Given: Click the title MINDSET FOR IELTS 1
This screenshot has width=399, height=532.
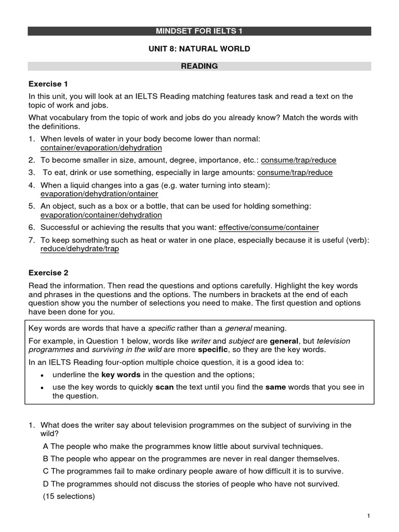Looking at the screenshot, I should [x=199, y=31].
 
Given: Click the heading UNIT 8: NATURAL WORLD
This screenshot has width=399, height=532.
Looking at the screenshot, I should [x=199, y=49].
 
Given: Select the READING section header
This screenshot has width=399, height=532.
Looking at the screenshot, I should [x=199, y=66].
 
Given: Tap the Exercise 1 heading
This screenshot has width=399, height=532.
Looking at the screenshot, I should [x=48, y=84].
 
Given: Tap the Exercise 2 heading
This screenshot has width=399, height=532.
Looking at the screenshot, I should [x=48, y=273].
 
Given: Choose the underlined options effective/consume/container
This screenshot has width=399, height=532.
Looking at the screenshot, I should [x=269, y=227].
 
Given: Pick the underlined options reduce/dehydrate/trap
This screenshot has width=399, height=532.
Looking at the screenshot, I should [x=79, y=249].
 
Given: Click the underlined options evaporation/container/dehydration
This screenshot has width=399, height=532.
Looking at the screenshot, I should [x=101, y=215].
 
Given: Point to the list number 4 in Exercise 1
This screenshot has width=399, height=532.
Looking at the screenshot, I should [x=32, y=185].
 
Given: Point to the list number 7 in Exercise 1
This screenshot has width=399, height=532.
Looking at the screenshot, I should [x=32, y=240].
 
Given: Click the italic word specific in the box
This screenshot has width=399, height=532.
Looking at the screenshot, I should [x=162, y=328].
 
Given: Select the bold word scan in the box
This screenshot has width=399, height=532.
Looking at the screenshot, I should [x=164, y=387].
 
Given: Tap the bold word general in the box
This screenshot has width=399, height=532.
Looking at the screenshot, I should [x=284, y=341].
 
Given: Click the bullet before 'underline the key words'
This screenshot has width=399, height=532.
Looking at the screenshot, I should [x=42, y=375].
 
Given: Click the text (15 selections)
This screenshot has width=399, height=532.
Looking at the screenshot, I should [x=69, y=496].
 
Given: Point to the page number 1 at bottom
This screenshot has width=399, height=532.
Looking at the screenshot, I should [x=368, y=515].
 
